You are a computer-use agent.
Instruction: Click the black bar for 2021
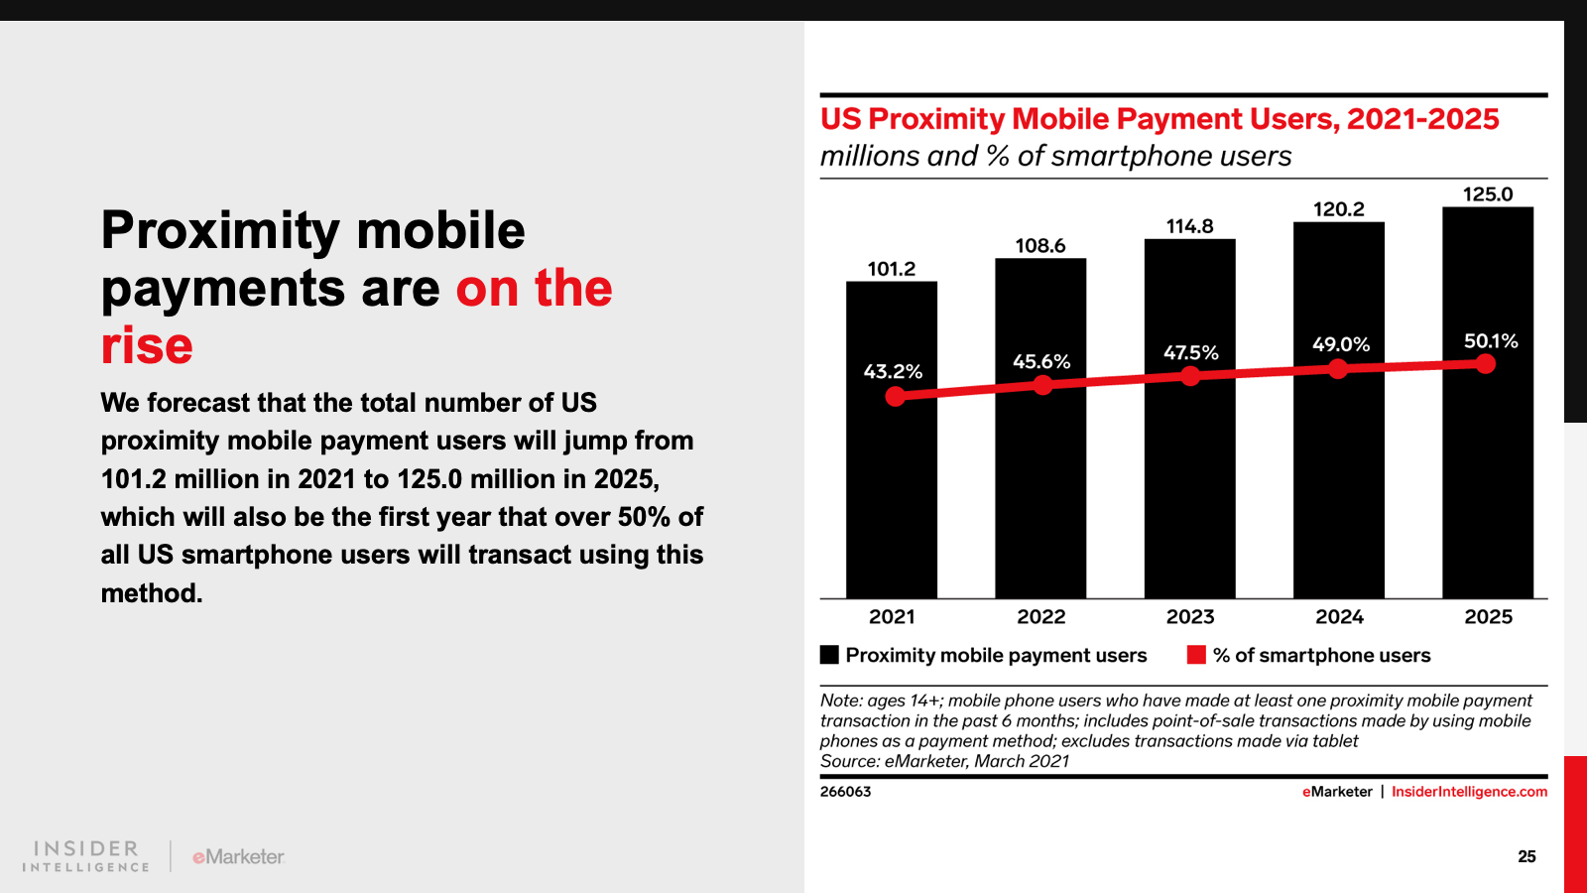click(891, 496)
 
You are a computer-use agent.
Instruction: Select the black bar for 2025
click(1487, 476)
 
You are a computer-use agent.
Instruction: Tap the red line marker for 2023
click(1190, 376)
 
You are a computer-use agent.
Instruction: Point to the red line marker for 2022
click(1042, 385)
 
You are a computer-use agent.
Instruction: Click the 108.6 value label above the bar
click(1039, 245)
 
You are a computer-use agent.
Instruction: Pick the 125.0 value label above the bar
click(1487, 194)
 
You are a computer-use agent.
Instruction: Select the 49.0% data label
click(1340, 344)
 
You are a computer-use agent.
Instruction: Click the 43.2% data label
click(893, 371)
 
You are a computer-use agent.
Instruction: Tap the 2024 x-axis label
click(1339, 617)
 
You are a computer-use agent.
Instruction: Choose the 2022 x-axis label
click(1040, 617)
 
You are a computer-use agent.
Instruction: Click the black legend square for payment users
click(829, 655)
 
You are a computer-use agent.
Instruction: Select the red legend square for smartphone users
click(1196, 655)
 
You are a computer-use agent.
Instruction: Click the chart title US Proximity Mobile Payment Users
click(1159, 119)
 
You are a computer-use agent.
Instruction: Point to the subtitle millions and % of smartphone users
click(1055, 156)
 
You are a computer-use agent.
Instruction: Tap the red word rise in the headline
click(147, 345)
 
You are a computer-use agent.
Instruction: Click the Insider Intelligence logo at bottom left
click(86, 856)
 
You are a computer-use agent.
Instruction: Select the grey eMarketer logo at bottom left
click(238, 856)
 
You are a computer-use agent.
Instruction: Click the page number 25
click(1526, 856)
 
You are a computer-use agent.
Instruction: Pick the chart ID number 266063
click(845, 792)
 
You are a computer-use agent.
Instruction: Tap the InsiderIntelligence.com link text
click(1469, 792)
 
